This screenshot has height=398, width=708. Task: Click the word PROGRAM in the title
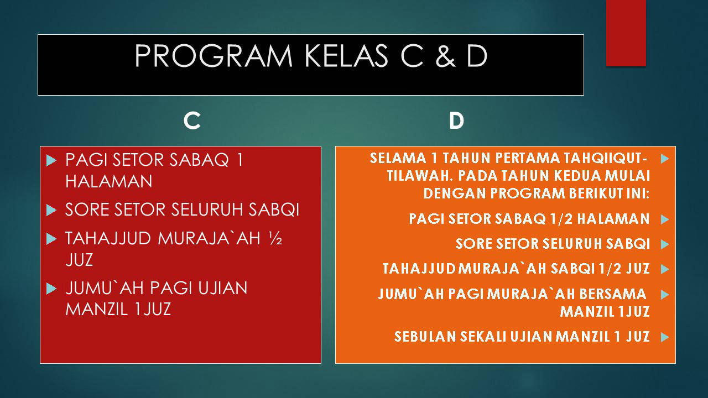point(214,56)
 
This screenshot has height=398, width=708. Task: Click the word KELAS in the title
point(346,56)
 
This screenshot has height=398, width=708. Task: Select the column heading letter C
point(192,121)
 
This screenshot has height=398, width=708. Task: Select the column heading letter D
point(456,121)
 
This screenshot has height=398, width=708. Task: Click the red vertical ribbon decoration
point(626,33)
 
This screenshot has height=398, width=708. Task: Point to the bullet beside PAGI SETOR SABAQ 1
point(51,160)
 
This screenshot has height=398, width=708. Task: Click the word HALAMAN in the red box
point(109,181)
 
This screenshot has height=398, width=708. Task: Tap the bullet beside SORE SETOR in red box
point(51,210)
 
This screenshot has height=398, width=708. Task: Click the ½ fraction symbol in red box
point(275,238)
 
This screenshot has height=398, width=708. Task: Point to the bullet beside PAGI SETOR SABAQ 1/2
point(665,219)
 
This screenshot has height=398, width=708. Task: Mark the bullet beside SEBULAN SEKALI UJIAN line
point(665,337)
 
